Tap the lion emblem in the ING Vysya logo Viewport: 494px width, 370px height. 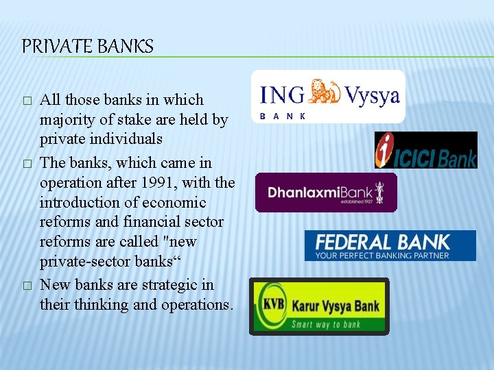point(325,93)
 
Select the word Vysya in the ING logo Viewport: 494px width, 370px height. point(372,95)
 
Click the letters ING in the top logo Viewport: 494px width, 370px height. point(284,95)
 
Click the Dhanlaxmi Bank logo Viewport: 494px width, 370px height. point(325,193)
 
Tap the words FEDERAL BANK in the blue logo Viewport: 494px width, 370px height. point(382,242)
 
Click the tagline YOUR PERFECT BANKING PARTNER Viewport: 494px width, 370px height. point(382,256)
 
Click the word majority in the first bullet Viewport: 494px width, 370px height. point(67,120)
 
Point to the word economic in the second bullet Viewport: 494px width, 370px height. point(174,203)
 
